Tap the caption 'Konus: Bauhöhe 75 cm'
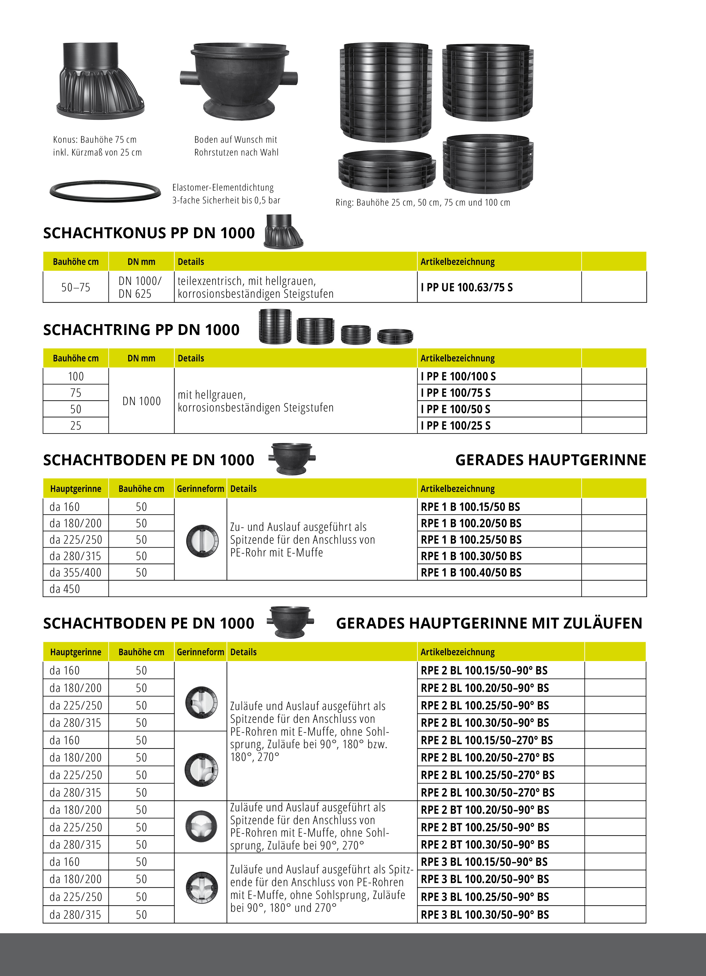click(x=95, y=139)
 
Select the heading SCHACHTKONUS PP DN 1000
click(x=149, y=233)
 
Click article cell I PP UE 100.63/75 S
click(x=467, y=287)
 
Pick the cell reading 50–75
click(x=76, y=287)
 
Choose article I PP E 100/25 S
click(x=455, y=426)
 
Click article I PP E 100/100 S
click(x=458, y=376)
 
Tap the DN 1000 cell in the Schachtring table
click(x=142, y=401)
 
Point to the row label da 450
click(x=65, y=589)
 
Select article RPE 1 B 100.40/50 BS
click(x=471, y=572)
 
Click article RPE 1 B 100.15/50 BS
click(x=470, y=507)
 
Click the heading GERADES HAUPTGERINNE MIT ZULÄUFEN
click(x=489, y=623)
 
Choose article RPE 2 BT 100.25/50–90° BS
click(x=485, y=827)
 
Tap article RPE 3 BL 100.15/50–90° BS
click(x=484, y=862)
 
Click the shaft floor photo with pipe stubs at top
click(x=239, y=81)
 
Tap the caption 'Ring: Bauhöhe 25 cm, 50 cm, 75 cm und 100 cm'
click(x=423, y=202)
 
